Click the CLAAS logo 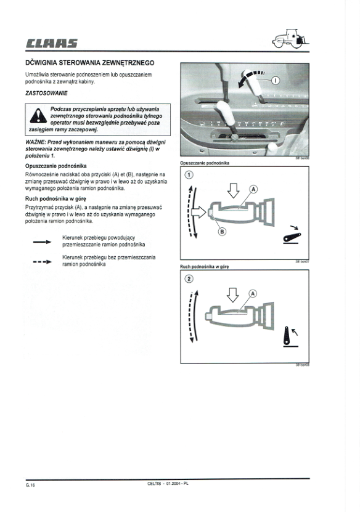click(x=52, y=43)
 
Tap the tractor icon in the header click(x=290, y=39)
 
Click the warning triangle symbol click(x=38, y=116)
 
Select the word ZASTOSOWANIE click(x=46, y=93)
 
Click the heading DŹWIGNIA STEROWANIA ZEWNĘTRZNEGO click(x=90, y=63)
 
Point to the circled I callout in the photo click(x=275, y=80)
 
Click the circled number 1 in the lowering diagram click(x=189, y=175)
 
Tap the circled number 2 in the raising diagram click(x=189, y=278)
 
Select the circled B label click(x=222, y=232)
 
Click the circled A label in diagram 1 click(x=253, y=189)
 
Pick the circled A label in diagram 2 click(x=253, y=293)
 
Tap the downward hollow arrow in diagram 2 click(x=233, y=295)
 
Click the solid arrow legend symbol click(x=42, y=242)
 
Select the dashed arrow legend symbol click(x=42, y=262)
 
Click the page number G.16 click(x=30, y=485)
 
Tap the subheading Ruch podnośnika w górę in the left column click(x=55, y=198)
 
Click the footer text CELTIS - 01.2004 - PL click(x=168, y=484)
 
